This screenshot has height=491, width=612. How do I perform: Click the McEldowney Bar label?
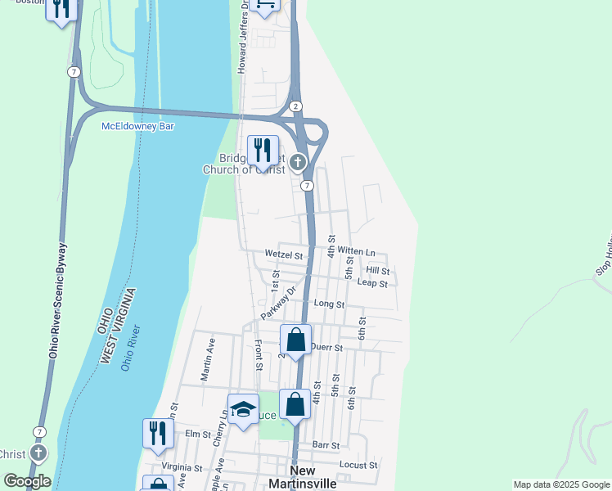pos(137,126)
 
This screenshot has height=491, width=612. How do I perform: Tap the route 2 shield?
pos(295,106)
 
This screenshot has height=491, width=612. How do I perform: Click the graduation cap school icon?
pos(243,409)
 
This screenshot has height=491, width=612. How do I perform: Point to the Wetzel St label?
pos(284,255)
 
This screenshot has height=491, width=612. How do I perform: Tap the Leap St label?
pos(372,283)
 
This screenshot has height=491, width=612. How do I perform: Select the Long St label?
pos(329,304)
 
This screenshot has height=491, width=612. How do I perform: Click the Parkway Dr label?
pos(277,303)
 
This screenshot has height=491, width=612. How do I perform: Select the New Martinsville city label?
pos(303,477)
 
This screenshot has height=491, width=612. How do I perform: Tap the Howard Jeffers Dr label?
pos(243,37)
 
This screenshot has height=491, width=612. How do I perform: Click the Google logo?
pos(26,481)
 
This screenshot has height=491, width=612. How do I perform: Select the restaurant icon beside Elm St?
pos(158,433)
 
